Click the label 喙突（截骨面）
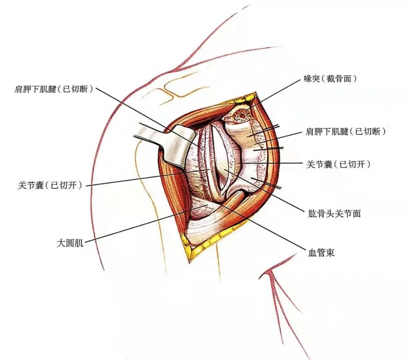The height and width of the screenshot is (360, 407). coord(330,79)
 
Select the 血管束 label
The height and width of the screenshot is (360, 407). coord(321,253)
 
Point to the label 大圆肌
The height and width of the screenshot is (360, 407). coord(70,243)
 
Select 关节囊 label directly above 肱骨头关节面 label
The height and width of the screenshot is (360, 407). coord(338,164)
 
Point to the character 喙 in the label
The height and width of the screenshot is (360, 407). coord(308,79)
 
